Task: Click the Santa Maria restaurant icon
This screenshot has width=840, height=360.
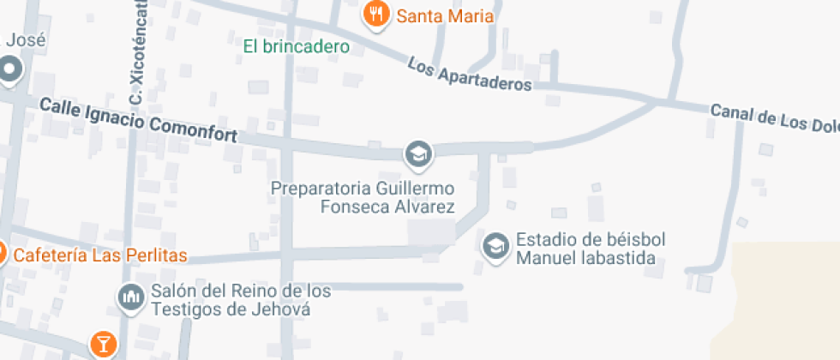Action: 375,15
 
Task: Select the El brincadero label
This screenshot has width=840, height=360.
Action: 296,46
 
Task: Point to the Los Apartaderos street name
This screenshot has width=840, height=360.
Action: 469,75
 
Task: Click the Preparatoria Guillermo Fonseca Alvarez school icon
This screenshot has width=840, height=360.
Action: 418,154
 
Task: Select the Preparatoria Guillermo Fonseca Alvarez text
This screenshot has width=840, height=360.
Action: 363,197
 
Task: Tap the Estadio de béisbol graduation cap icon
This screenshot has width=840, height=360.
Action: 495,247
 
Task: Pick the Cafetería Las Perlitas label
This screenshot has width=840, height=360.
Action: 100,256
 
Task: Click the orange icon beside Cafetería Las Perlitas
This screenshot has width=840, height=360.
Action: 2,254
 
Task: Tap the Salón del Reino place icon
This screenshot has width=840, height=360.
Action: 130,297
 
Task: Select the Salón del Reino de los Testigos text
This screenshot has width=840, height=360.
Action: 241,299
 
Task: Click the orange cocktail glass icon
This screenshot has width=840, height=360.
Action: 103,345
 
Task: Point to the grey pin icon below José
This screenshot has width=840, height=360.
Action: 9,69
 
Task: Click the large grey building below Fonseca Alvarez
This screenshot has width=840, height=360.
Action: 431,232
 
